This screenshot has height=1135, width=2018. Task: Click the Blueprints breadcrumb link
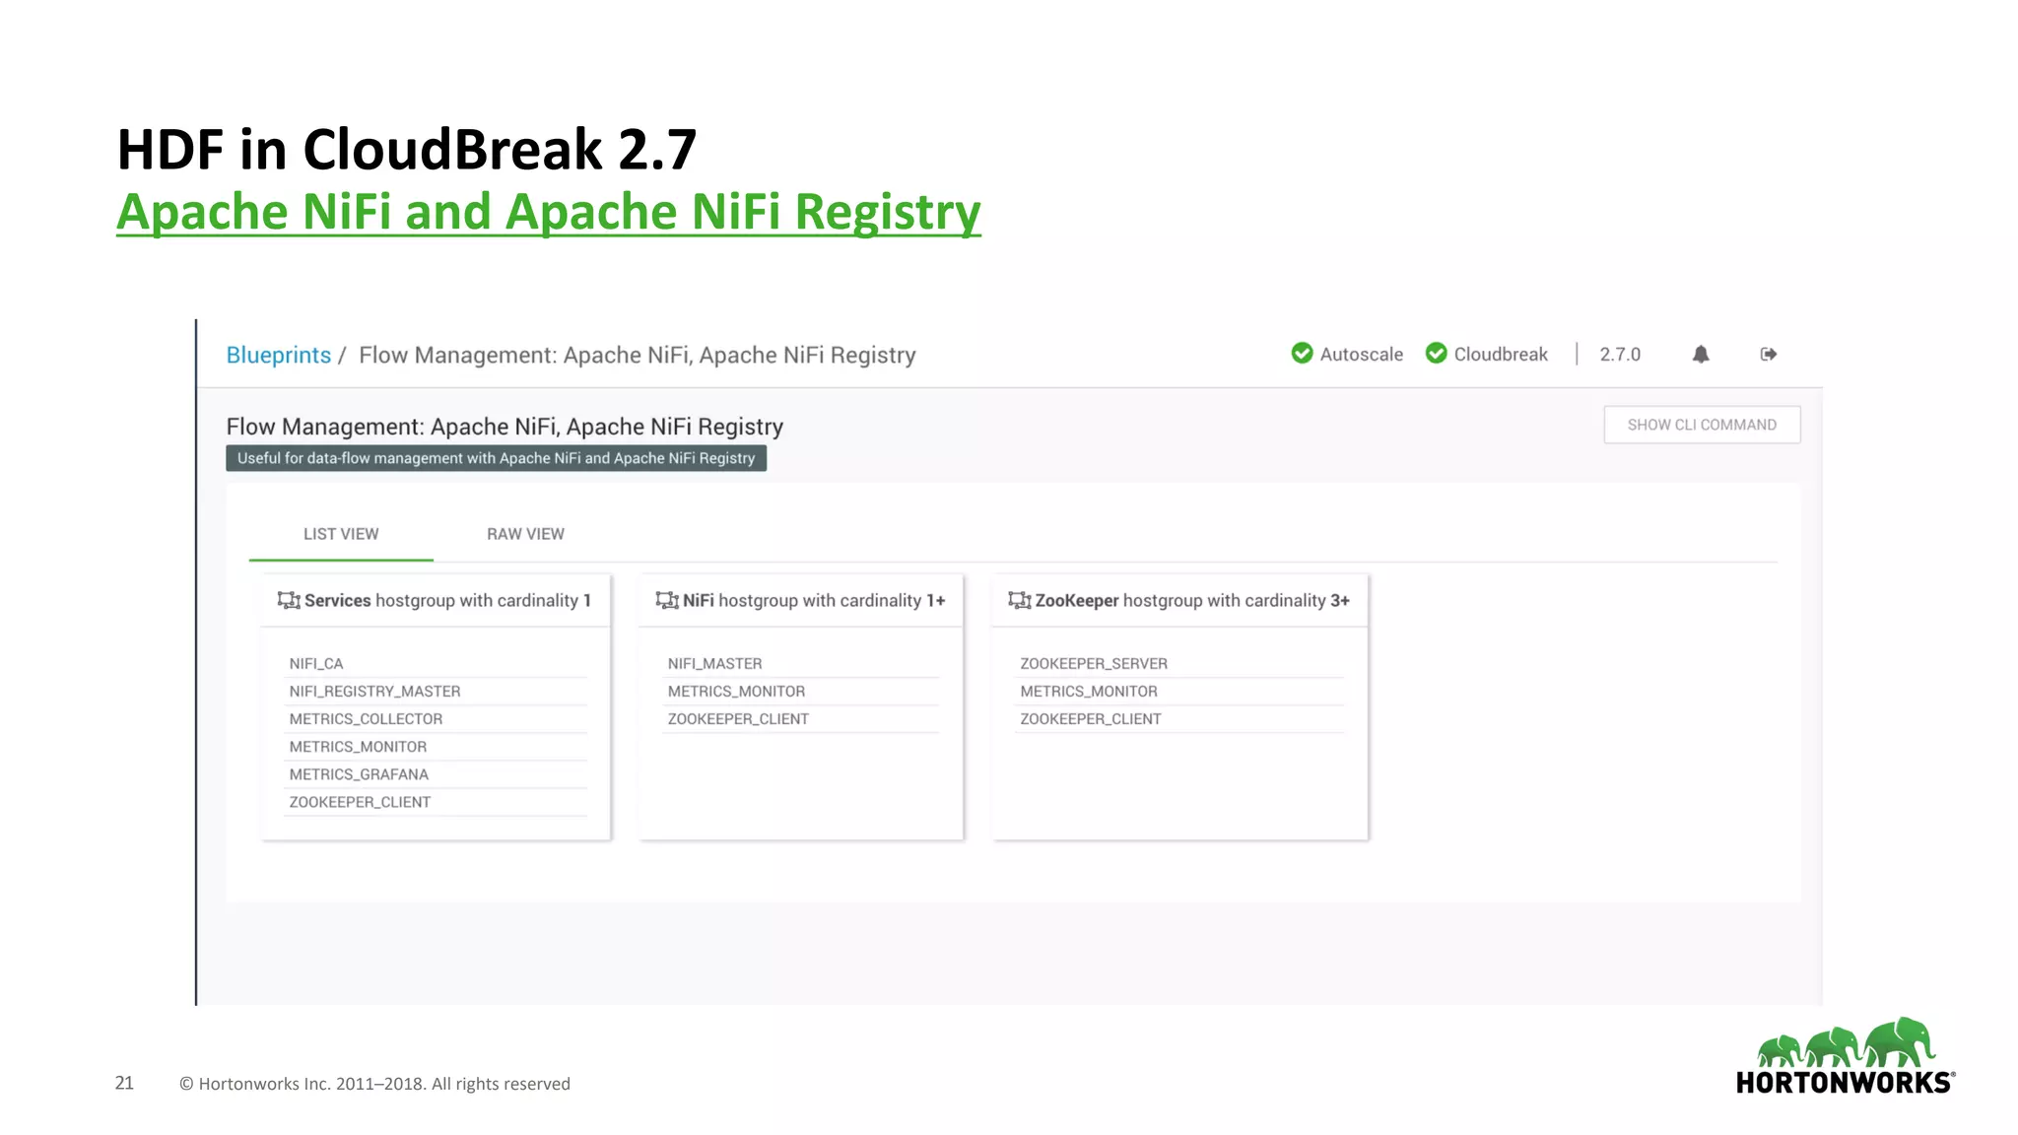tap(278, 355)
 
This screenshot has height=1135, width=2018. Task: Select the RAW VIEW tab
tap(525, 534)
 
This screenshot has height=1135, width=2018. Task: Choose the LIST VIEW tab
tap(341, 534)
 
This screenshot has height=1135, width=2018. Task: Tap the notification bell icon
tap(1701, 355)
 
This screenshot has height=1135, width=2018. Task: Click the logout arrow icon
tap(1769, 355)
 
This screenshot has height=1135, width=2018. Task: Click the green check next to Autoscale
tap(1302, 353)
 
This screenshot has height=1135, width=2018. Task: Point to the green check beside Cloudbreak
tap(1437, 353)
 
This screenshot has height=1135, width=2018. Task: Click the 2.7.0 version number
tap(1620, 355)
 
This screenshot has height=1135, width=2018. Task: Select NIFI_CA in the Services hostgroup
tap(316, 664)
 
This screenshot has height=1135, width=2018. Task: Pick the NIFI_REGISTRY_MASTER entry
tap(374, 692)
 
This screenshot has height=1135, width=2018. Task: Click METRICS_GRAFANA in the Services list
tap(359, 774)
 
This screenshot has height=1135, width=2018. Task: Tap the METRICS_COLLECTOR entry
tap(366, 719)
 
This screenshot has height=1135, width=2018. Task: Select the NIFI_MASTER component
tap(714, 664)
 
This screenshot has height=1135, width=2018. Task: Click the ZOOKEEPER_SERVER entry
tap(1094, 664)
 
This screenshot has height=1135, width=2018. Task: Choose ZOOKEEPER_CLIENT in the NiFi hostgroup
tap(738, 719)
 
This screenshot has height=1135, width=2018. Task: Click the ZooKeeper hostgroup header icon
tap(1019, 600)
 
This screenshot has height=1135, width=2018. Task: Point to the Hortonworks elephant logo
tap(1845, 1044)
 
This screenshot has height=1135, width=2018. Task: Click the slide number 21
tap(124, 1083)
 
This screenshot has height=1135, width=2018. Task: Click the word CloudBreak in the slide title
tap(452, 150)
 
